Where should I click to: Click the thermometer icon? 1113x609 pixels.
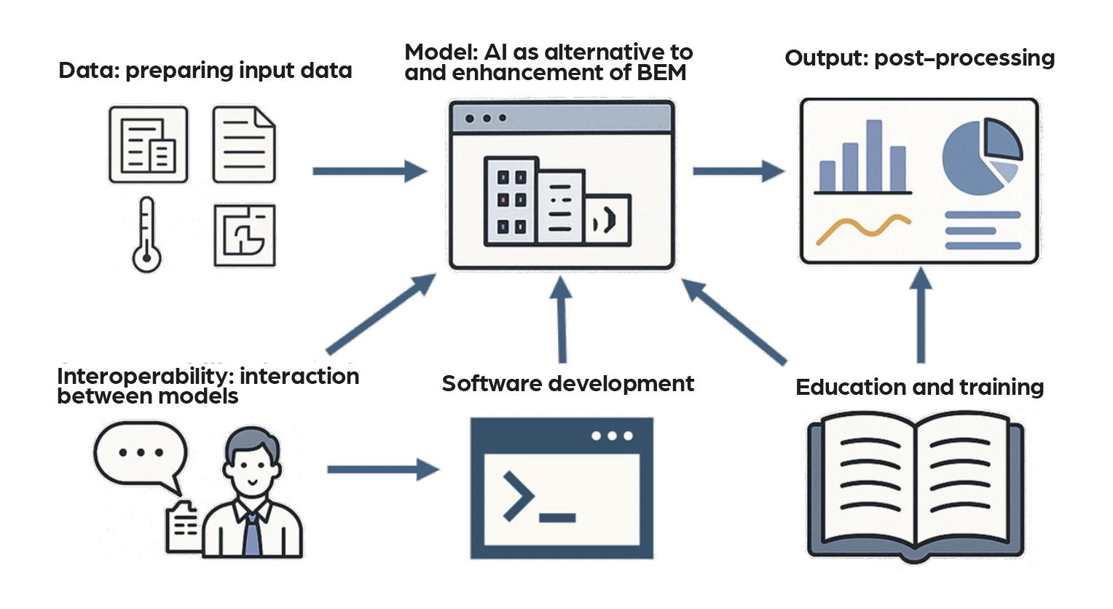[146, 235]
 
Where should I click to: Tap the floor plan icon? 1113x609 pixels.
[245, 235]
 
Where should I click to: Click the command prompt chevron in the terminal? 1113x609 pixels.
[519, 496]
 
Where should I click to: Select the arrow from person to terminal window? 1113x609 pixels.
[382, 469]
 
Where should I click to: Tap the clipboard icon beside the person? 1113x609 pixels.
[183, 527]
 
